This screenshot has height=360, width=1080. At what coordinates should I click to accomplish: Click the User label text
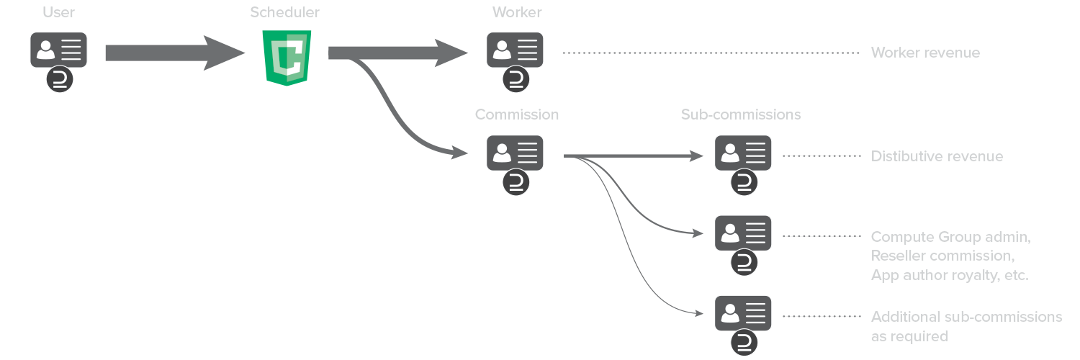[59, 12]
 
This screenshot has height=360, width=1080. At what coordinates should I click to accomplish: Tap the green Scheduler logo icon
[287, 57]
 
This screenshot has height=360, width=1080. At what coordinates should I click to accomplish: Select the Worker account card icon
[515, 50]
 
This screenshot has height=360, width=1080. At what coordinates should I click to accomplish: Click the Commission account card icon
[515, 153]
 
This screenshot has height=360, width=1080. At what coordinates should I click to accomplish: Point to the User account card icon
[59, 50]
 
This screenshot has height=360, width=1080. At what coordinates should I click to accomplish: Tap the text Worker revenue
[925, 53]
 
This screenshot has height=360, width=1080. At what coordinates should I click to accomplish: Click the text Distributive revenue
[937, 156]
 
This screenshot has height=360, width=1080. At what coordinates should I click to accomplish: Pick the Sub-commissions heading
[741, 115]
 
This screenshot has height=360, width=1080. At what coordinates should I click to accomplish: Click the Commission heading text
[516, 115]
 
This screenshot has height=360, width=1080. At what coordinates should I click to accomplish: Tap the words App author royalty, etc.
[950, 275]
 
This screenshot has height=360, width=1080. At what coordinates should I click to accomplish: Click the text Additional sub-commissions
[966, 317]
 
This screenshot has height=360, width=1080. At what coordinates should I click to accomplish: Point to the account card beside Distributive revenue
[743, 153]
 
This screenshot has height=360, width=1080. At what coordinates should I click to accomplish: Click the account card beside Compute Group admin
[743, 233]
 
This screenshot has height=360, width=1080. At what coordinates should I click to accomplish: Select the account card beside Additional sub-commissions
[743, 313]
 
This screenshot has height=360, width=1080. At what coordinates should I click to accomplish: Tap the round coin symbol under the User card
[60, 79]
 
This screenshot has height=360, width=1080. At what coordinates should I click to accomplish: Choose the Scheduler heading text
[285, 12]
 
